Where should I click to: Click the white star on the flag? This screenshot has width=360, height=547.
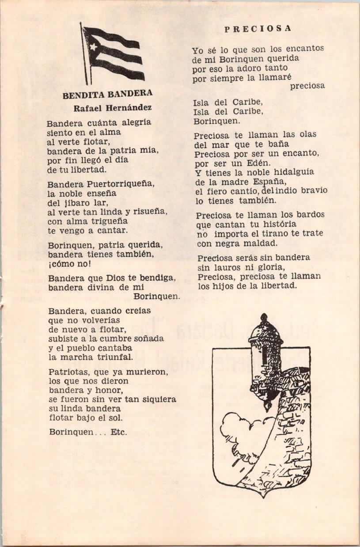(x=94, y=46)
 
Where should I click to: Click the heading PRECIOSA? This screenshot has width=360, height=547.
(x=258, y=29)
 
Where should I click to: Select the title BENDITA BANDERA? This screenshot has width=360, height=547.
(x=107, y=94)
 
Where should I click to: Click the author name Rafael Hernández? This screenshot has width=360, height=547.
(x=112, y=108)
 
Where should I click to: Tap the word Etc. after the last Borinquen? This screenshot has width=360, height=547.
(x=119, y=432)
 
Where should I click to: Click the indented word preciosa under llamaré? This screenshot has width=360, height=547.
(x=307, y=86)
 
